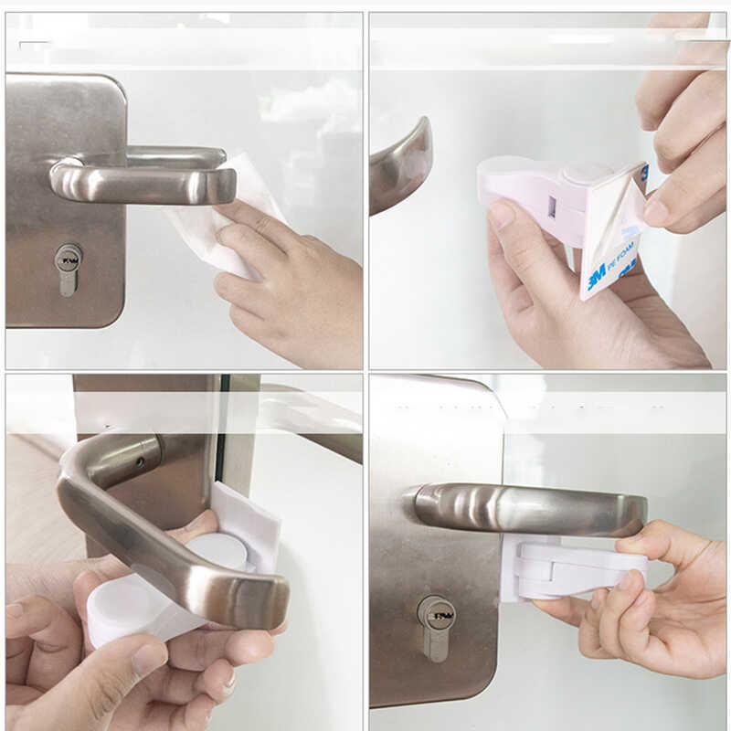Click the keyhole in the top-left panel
[x=68, y=261]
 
